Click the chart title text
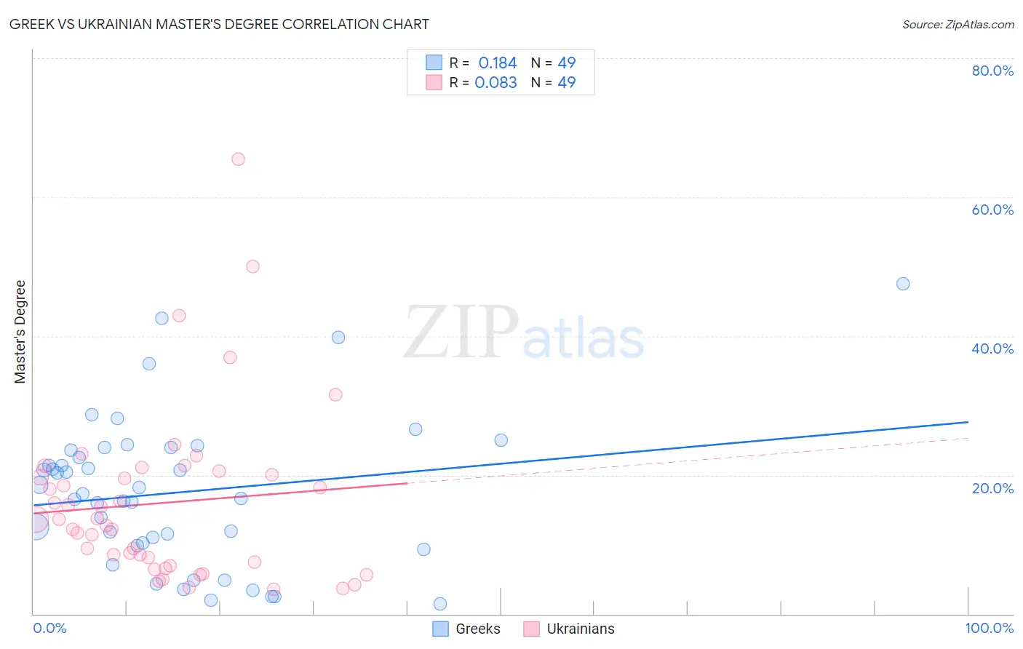click(x=219, y=24)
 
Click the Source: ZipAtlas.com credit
click(x=958, y=24)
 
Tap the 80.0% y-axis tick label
click(x=992, y=71)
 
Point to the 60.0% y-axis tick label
click(x=992, y=210)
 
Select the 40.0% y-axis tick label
click(x=992, y=349)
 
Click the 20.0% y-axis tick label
click(x=992, y=487)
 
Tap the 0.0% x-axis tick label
click(x=49, y=628)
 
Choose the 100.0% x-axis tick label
click(x=989, y=628)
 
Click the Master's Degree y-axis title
click(x=20, y=332)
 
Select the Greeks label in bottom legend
click(x=477, y=629)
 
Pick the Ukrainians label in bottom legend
click(x=580, y=629)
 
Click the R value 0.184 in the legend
click(x=497, y=63)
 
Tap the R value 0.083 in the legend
click(x=495, y=83)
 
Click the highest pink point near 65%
click(x=238, y=159)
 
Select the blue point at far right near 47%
click(x=903, y=284)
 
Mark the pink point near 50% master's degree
click(x=252, y=266)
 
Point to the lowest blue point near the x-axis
click(x=440, y=604)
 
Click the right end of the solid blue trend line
click(x=968, y=422)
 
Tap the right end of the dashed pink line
click(x=968, y=438)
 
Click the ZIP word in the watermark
click(x=461, y=333)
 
